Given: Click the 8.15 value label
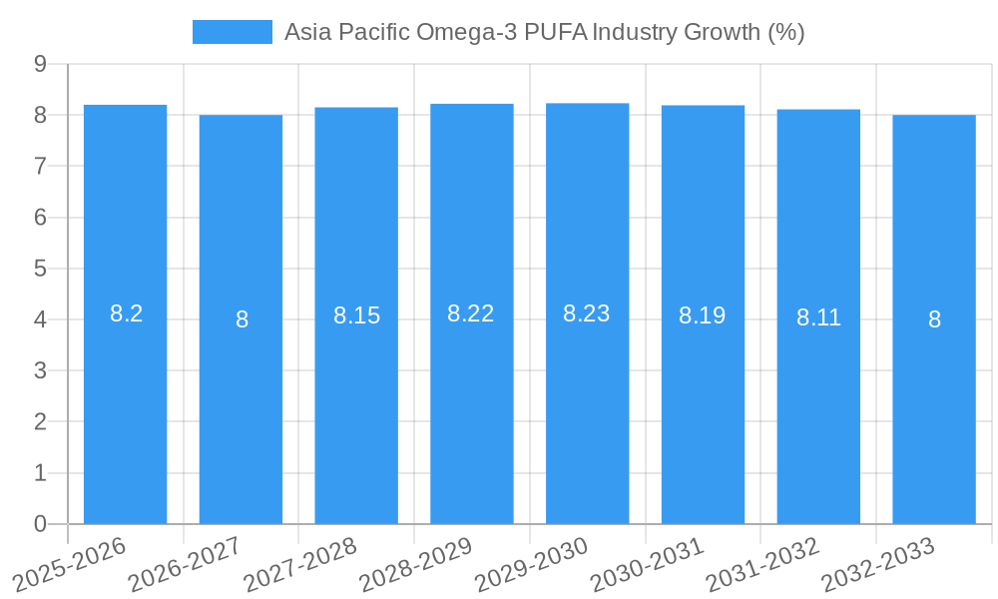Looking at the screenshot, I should coord(356,316).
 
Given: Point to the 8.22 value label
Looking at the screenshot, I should coord(471,314).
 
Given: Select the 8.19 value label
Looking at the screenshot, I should coord(702,316).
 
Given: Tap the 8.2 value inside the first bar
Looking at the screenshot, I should coord(126,314).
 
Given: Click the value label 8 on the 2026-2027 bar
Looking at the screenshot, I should coord(242,320).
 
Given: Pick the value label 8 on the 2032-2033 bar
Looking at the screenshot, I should coord(934,320).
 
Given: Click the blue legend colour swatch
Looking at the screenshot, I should coord(232,32).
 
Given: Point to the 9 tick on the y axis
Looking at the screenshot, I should coord(41,64).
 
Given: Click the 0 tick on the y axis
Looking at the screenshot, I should coord(41,524).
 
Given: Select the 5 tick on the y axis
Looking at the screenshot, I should coord(41,269).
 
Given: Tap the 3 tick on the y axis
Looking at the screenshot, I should coord(41,370).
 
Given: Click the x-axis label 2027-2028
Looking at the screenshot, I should coord(299,565).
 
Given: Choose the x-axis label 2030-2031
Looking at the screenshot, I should coord(646,565).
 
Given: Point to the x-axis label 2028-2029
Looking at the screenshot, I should coord(415,565).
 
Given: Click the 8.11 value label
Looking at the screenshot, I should coord(818,318).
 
